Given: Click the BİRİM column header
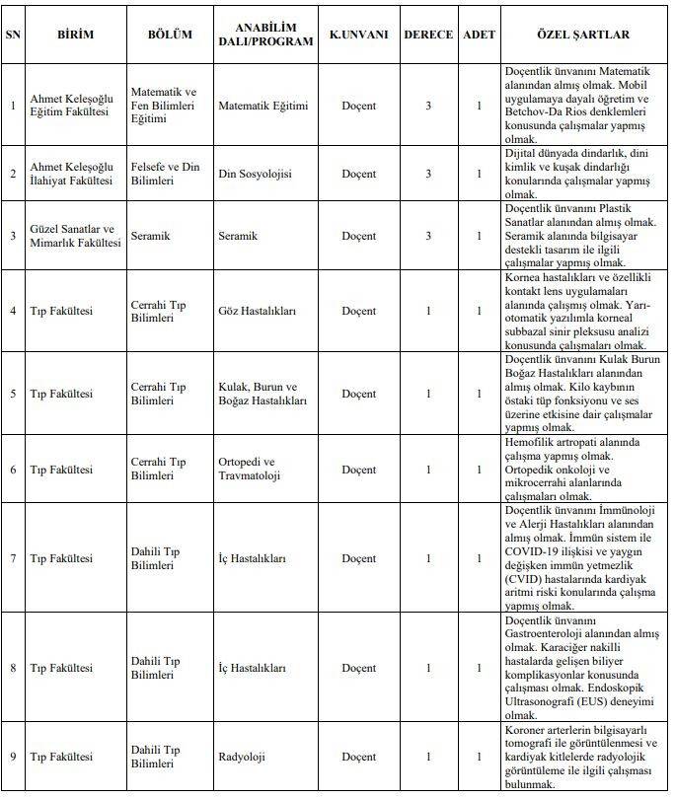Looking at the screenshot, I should tap(75, 36).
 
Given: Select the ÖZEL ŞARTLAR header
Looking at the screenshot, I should tap(582, 36).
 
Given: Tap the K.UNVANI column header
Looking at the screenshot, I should tap(359, 36).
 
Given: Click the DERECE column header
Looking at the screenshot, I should tap(428, 36).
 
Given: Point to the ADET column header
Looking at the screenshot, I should tap(480, 36).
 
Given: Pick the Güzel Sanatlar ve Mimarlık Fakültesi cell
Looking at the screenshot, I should tap(74, 236).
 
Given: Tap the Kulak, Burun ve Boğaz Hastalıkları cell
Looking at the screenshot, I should tap(263, 394).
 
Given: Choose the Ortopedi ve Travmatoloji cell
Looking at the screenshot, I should tap(247, 469).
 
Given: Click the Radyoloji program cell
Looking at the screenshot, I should tap(243, 758).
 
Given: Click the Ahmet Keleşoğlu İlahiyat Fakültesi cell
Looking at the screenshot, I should tap(74, 175).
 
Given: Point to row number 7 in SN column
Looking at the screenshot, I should tap(13, 558).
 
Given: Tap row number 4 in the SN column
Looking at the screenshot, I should tap(13, 312).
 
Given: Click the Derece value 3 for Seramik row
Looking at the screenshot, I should tap(428, 236).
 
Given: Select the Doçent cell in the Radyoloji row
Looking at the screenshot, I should tap(359, 758).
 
